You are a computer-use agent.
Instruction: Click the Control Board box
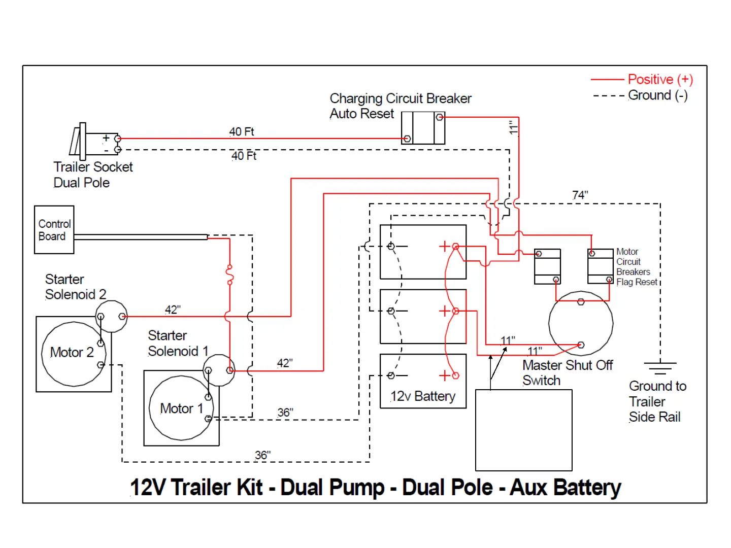coord(54,230)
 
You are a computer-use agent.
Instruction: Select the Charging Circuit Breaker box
coord(423,128)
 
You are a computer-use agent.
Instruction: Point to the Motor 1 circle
coord(181,408)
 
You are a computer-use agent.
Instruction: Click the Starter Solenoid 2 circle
coord(112,316)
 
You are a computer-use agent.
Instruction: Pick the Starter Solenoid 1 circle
coord(219,370)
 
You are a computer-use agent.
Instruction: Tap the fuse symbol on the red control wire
coord(229,274)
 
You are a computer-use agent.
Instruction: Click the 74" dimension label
coord(580,195)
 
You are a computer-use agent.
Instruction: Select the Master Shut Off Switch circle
coord(581,323)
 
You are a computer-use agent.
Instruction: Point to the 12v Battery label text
coord(423,396)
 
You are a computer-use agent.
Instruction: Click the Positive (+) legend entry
coord(660,80)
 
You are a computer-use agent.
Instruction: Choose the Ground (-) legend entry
coord(657,95)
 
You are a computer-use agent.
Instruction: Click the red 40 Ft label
coord(242,132)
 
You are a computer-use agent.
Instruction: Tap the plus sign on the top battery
coord(445,247)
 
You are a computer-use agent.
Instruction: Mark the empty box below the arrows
coord(523,430)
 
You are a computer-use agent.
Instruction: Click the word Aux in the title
coord(529,488)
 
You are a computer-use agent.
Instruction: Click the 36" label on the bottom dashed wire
coord(262,455)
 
